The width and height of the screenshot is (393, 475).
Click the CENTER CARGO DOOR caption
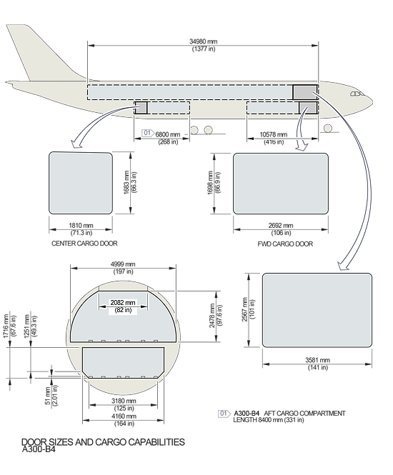pyautogui.click(x=84, y=244)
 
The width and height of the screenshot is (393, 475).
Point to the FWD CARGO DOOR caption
pyautogui.click(x=285, y=244)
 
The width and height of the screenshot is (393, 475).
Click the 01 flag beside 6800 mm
pyautogui.click(x=148, y=133)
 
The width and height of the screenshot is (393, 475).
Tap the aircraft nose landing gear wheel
pyautogui.click(x=327, y=128)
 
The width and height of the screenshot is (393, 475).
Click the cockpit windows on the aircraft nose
pyautogui.click(x=357, y=94)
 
